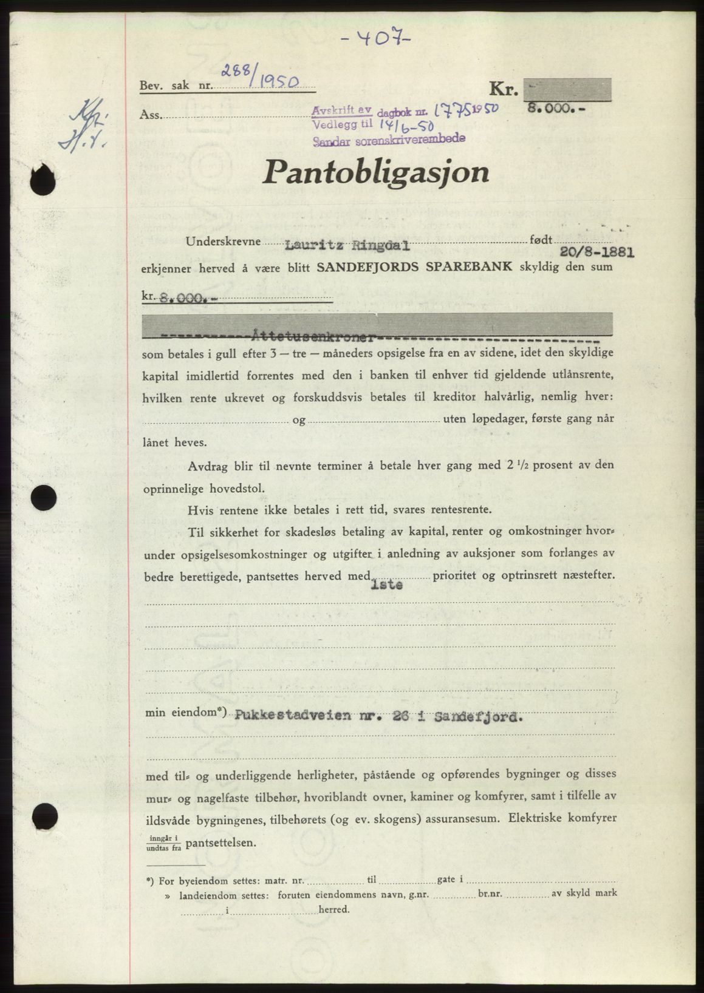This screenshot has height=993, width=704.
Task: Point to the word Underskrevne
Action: (x=223, y=242)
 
